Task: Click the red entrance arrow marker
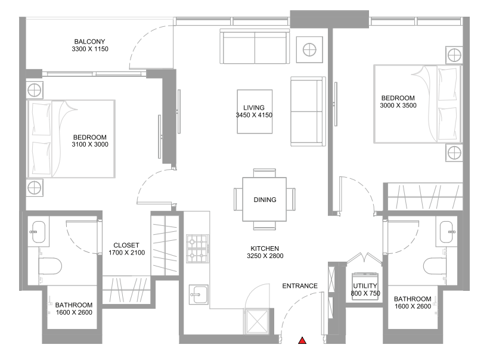coord(302,341)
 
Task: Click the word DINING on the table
coord(265,200)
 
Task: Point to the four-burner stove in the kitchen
coord(197,249)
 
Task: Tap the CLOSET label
coord(126,245)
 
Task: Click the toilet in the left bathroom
coord(51,264)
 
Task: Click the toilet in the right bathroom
coord(434,264)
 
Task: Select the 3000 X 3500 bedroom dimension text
coord(398,106)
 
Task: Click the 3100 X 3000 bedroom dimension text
coord(90,144)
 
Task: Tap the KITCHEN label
coord(264,249)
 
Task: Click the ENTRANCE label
coord(300,285)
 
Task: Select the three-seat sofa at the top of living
coord(255,46)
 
